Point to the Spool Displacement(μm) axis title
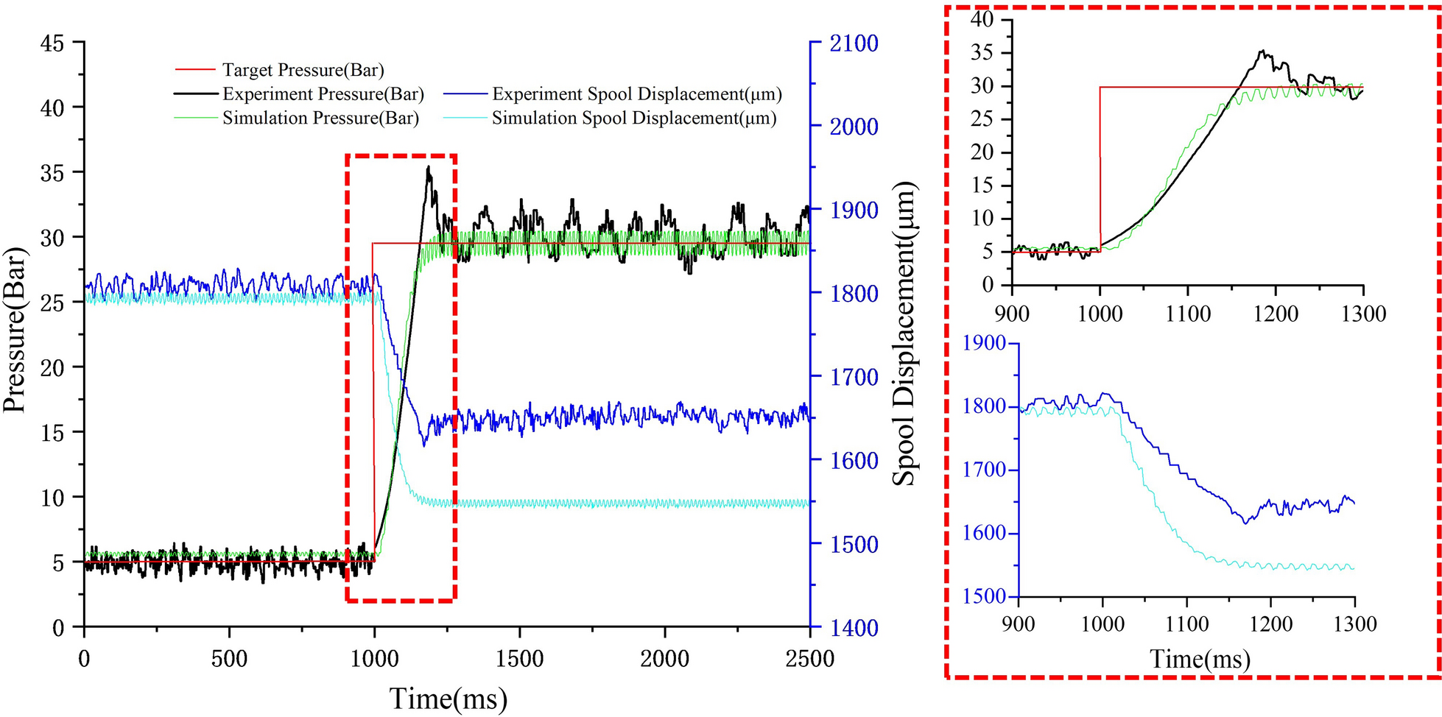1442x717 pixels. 904,333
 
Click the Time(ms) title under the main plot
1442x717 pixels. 448,698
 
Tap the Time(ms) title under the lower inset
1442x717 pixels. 1200,658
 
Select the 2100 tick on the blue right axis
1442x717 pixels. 854,43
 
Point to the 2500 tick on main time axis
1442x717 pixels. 809,658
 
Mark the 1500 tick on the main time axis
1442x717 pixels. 519,658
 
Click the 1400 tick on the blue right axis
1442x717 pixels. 854,628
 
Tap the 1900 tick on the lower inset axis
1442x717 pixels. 984,343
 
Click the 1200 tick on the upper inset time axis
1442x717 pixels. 1276,314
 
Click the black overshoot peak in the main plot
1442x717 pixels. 428,168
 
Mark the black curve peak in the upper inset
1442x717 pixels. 1262,51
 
